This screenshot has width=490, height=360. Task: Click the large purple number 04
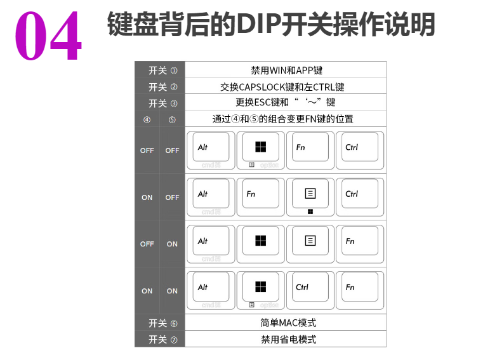pos(48,35)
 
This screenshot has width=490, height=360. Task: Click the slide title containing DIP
pos(271,24)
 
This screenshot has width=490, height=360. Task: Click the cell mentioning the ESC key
pos(285,102)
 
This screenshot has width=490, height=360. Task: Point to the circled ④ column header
pos(147,119)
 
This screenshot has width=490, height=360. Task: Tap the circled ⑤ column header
pos(172,119)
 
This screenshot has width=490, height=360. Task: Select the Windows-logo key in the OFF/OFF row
pos(260,148)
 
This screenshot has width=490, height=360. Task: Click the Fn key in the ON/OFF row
pos(260,194)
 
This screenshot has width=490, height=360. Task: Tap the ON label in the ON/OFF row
pos(147,197)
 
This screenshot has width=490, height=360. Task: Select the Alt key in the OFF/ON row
pos(210,241)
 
